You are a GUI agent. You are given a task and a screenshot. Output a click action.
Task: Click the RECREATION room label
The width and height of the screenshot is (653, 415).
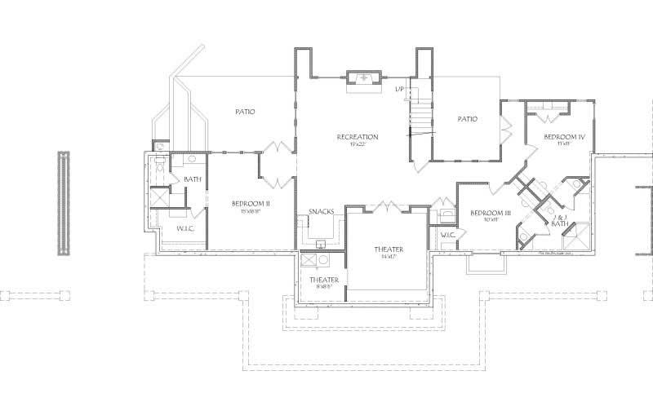click(x=357, y=136)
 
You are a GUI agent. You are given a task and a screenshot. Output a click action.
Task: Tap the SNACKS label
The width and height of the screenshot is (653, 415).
click(x=321, y=213)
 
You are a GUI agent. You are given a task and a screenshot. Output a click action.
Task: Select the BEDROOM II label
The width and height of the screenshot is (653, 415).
click(x=251, y=203)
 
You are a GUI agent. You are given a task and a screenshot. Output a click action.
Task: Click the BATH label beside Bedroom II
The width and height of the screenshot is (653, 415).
click(x=193, y=179)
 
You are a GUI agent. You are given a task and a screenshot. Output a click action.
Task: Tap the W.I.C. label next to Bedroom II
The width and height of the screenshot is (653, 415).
click(x=185, y=229)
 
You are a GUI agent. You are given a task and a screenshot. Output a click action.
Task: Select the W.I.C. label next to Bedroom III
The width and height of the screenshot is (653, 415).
click(x=447, y=236)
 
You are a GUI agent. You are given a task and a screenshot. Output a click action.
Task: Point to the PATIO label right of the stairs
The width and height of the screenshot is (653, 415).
click(x=467, y=119)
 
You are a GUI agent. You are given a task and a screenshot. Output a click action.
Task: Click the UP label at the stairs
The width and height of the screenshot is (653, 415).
click(x=399, y=88)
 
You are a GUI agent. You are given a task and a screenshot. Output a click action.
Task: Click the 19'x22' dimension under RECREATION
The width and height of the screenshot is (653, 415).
click(x=357, y=144)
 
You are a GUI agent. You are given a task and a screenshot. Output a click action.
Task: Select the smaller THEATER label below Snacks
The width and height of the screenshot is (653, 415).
click(x=323, y=280)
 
